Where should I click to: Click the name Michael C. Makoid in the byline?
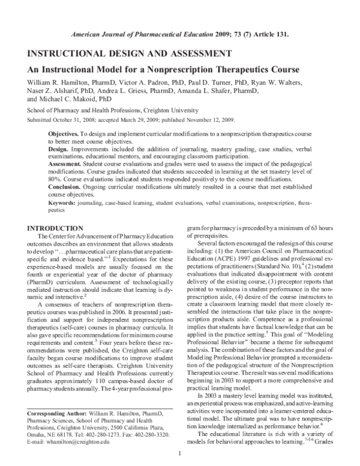pyautogui.click(x=76, y=98)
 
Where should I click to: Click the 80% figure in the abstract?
pyautogui.click(x=55, y=178)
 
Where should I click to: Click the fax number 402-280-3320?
pyautogui.click(x=173, y=433)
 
